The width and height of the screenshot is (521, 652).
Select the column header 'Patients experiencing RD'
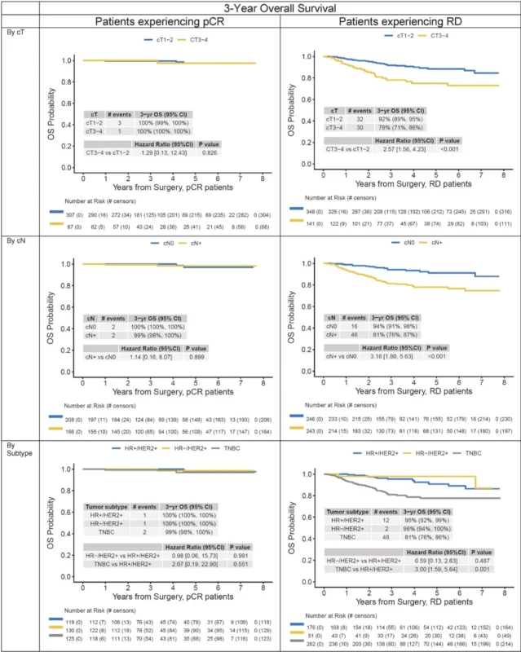398,22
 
